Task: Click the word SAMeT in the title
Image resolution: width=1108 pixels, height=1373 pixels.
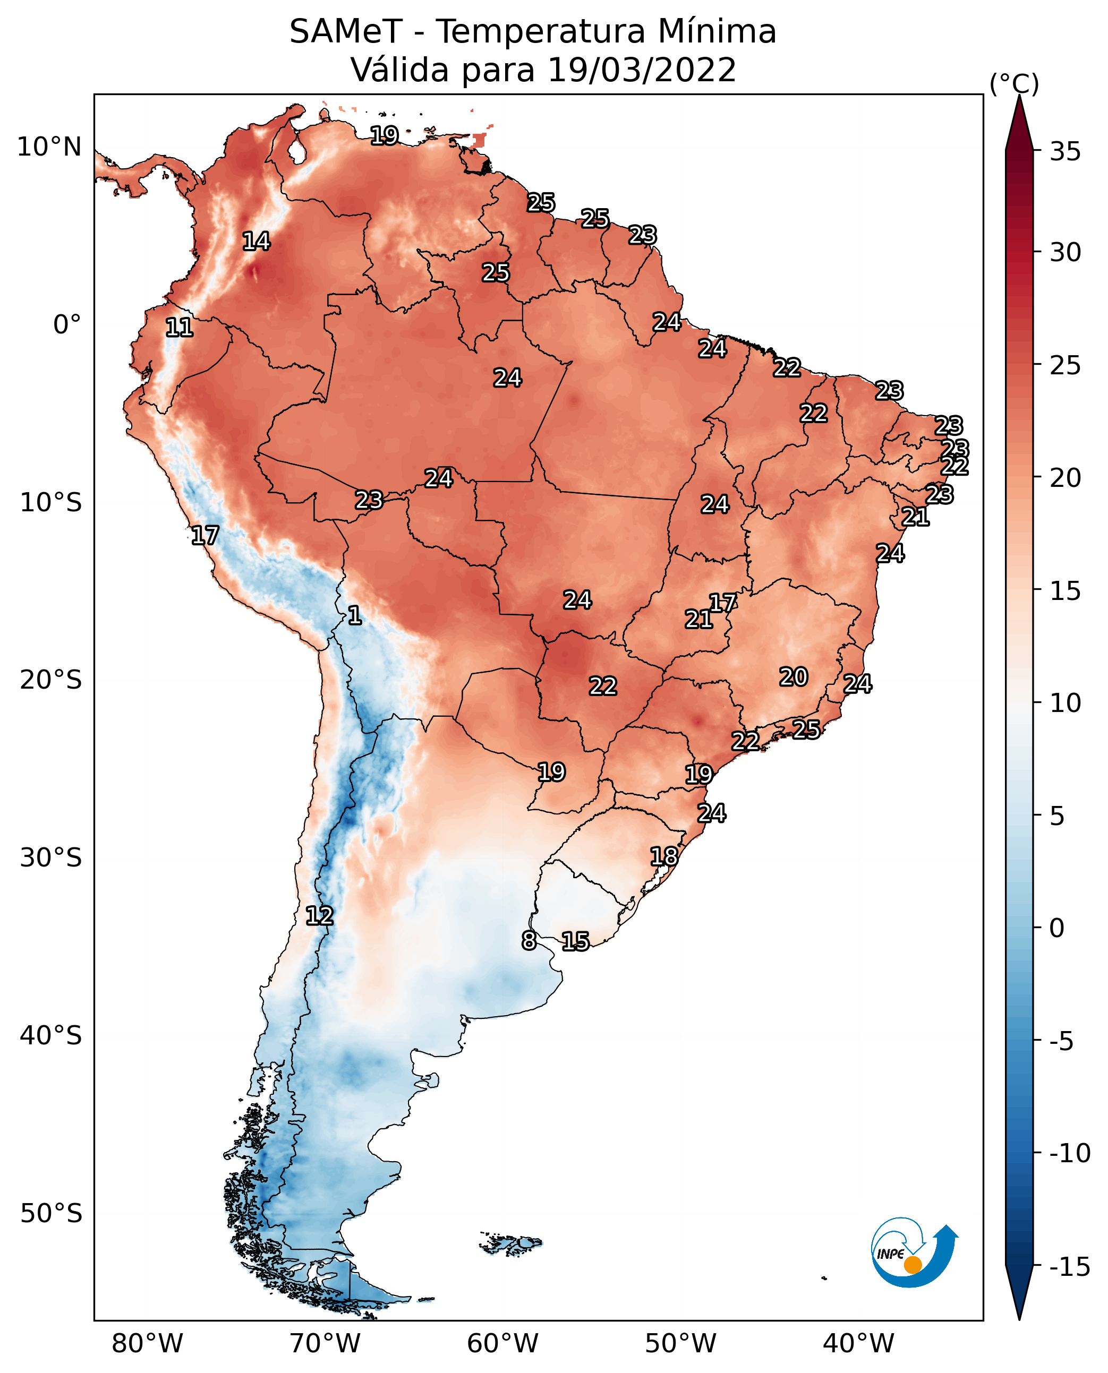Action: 346,31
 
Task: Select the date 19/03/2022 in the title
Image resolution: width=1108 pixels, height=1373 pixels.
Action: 642,70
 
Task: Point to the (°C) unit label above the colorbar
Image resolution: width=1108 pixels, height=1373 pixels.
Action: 1014,83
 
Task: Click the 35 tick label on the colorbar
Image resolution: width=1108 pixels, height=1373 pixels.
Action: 1066,151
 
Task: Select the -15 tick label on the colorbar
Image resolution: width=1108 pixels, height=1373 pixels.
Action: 1070,1266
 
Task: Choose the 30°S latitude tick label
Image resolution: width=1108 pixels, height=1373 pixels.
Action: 51,857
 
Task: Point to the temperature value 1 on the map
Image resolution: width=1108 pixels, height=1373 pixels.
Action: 355,616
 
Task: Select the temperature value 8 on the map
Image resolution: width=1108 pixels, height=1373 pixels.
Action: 529,940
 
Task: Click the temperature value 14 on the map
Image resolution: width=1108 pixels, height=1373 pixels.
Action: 257,241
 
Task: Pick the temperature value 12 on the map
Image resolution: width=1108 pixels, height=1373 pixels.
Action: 320,916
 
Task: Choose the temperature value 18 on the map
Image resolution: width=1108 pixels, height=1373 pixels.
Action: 664,856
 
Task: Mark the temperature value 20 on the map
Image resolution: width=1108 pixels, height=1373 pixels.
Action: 794,677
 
